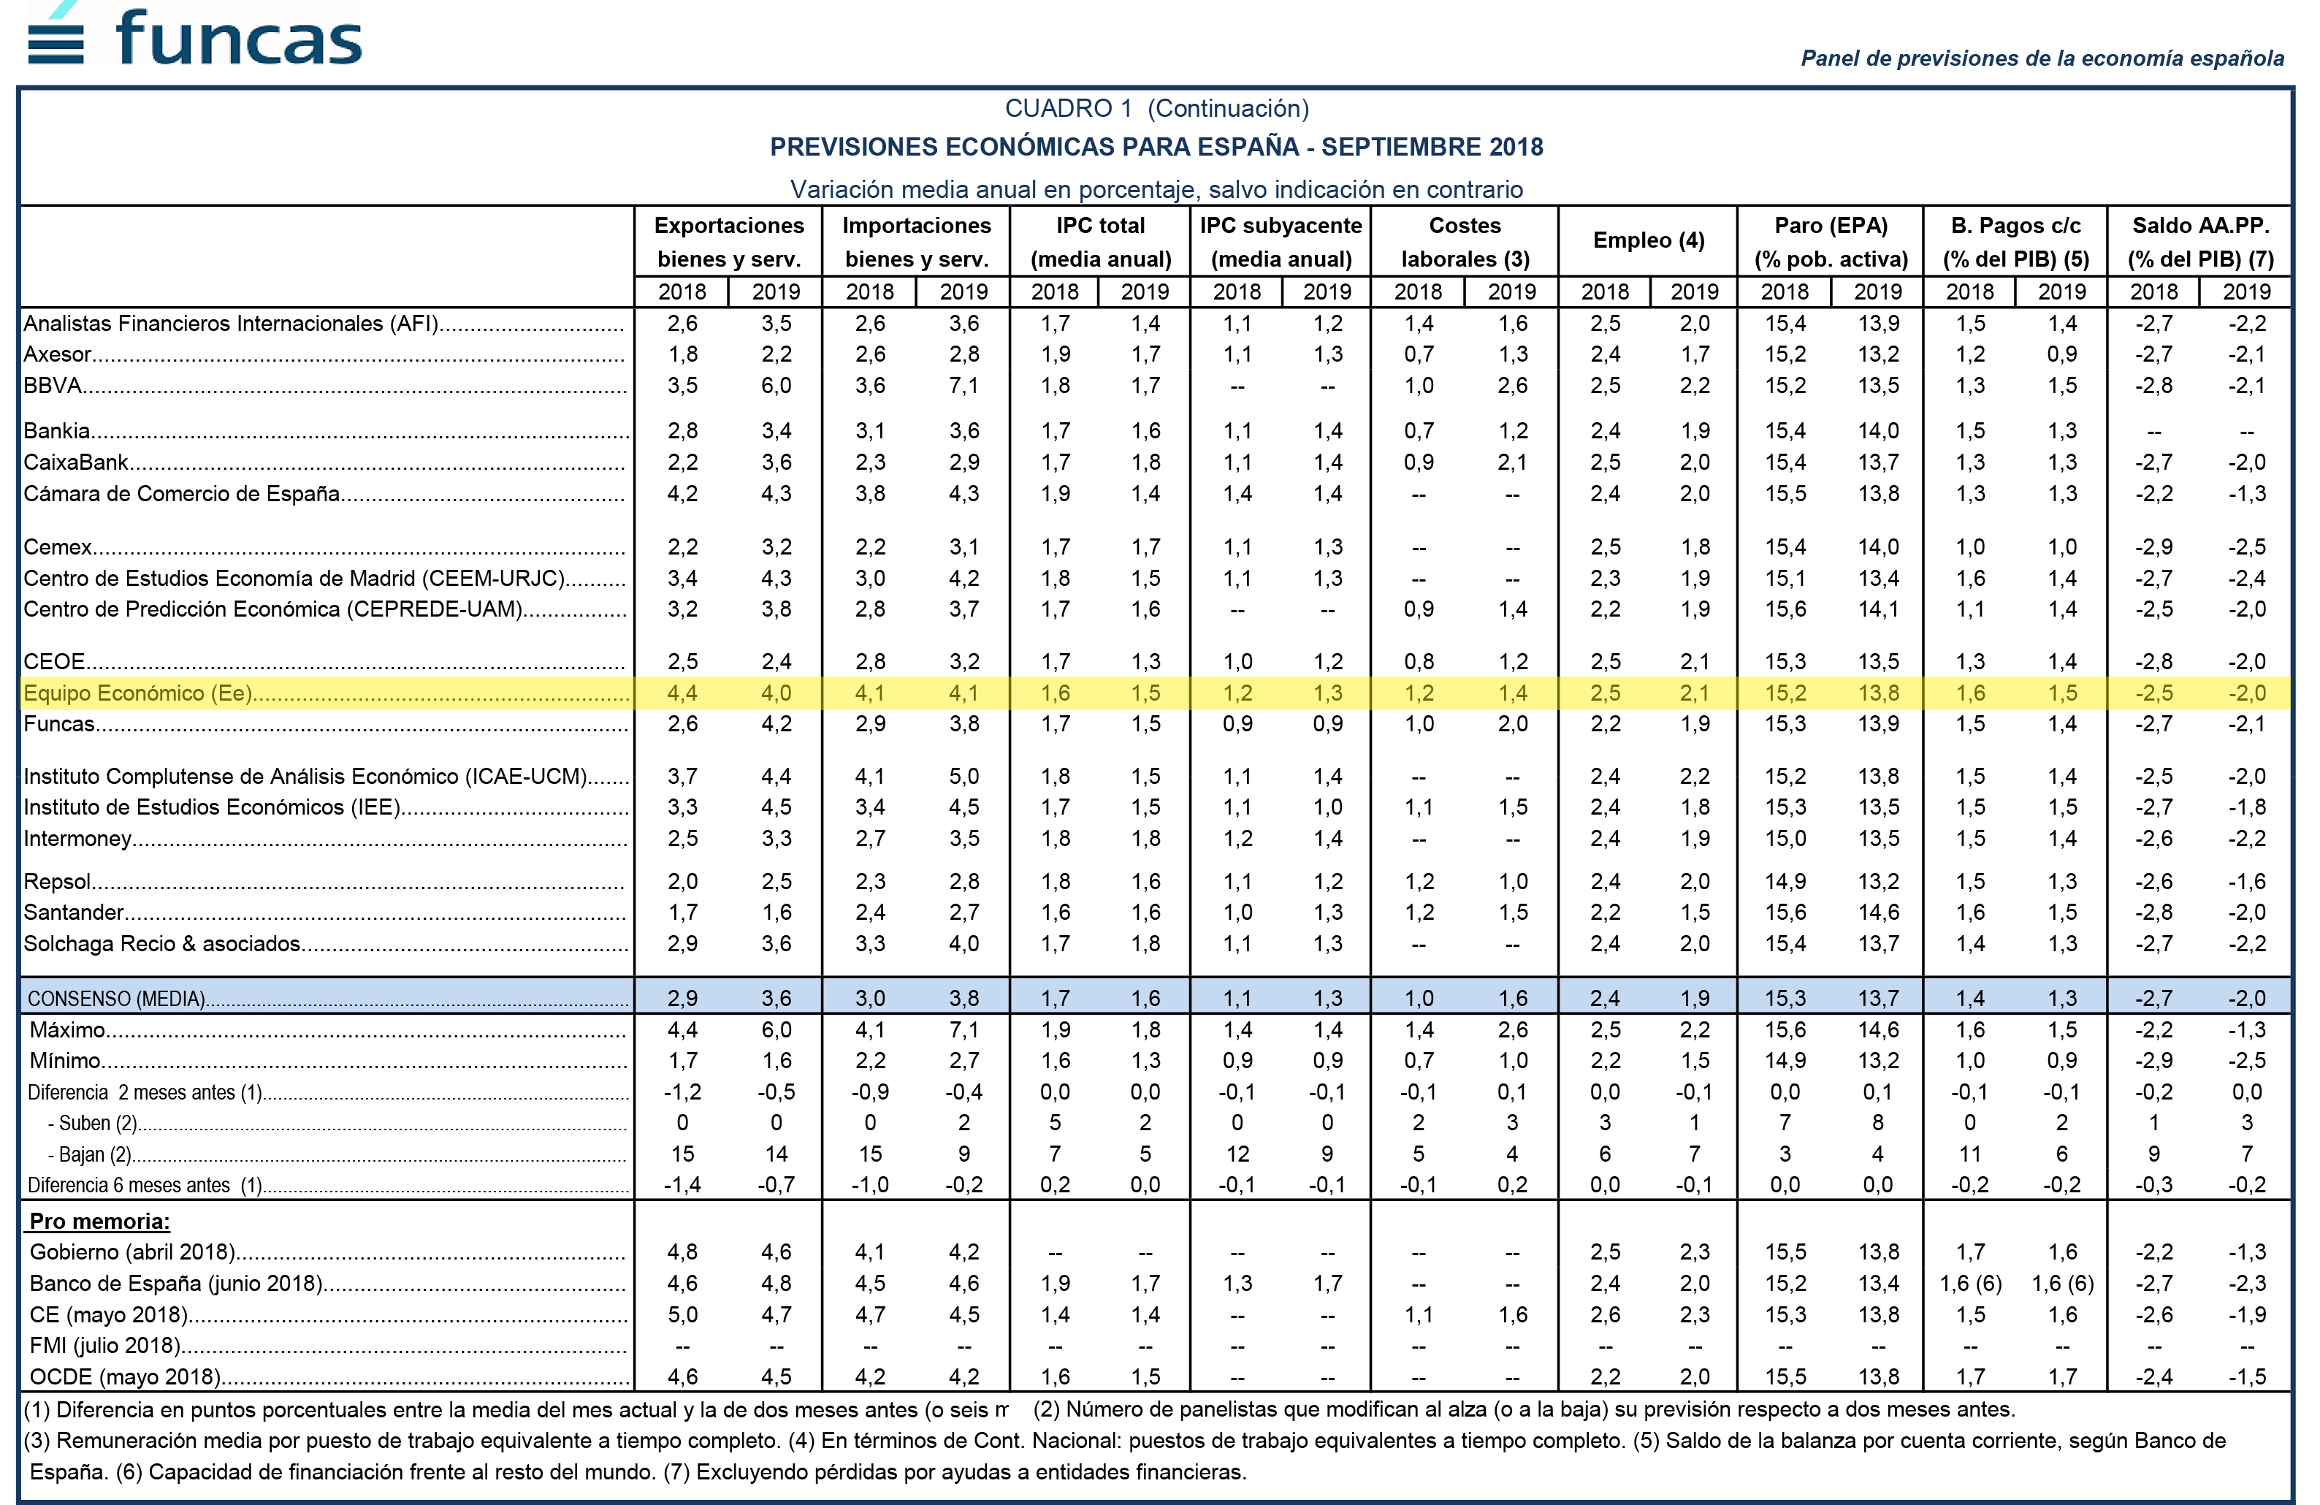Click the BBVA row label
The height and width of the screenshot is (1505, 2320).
[53, 385]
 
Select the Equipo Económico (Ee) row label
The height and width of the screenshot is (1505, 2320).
[137, 693]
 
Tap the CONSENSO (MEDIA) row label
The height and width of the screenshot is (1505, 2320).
[116, 998]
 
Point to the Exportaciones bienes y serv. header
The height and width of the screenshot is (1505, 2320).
[729, 242]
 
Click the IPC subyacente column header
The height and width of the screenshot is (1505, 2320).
[1281, 242]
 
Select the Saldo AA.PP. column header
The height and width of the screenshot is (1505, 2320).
[2200, 242]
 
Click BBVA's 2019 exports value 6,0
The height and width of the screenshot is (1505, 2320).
[776, 385]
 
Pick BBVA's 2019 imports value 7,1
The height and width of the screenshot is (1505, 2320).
[964, 385]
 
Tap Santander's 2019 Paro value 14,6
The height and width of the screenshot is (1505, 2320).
[1877, 912]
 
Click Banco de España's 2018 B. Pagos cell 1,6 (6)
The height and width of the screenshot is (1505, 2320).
[1970, 1283]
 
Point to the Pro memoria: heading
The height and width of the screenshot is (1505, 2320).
[99, 1222]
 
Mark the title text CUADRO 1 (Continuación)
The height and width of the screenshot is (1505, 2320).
[1157, 108]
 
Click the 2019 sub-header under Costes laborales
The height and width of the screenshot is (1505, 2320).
[1512, 292]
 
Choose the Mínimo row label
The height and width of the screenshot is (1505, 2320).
[65, 1061]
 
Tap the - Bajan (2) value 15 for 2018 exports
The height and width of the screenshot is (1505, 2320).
[682, 1154]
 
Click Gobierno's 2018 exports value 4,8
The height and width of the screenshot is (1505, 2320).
[682, 1251]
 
